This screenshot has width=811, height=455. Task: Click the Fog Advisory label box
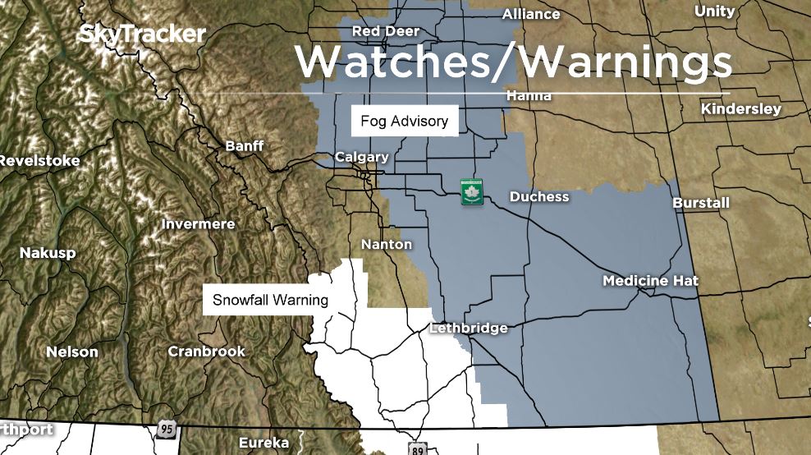404,122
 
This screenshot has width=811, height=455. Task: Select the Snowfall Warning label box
270,300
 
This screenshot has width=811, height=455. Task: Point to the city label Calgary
361,157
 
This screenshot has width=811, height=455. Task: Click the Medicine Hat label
650,281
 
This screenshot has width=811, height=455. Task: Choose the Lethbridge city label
469,328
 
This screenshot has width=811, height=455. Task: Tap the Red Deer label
386,31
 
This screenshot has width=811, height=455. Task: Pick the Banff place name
245,145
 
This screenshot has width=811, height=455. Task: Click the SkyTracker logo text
141,34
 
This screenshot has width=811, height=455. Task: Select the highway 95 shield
167,430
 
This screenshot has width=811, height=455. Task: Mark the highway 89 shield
417,448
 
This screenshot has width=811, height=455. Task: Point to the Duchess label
539,197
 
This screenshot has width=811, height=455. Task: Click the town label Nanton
387,244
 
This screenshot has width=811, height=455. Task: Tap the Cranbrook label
206,352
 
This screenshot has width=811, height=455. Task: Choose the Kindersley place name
741,108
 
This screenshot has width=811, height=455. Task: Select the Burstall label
700,202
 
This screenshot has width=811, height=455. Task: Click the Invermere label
198,223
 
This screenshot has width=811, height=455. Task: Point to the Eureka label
263,443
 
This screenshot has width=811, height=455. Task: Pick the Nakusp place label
48,253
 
